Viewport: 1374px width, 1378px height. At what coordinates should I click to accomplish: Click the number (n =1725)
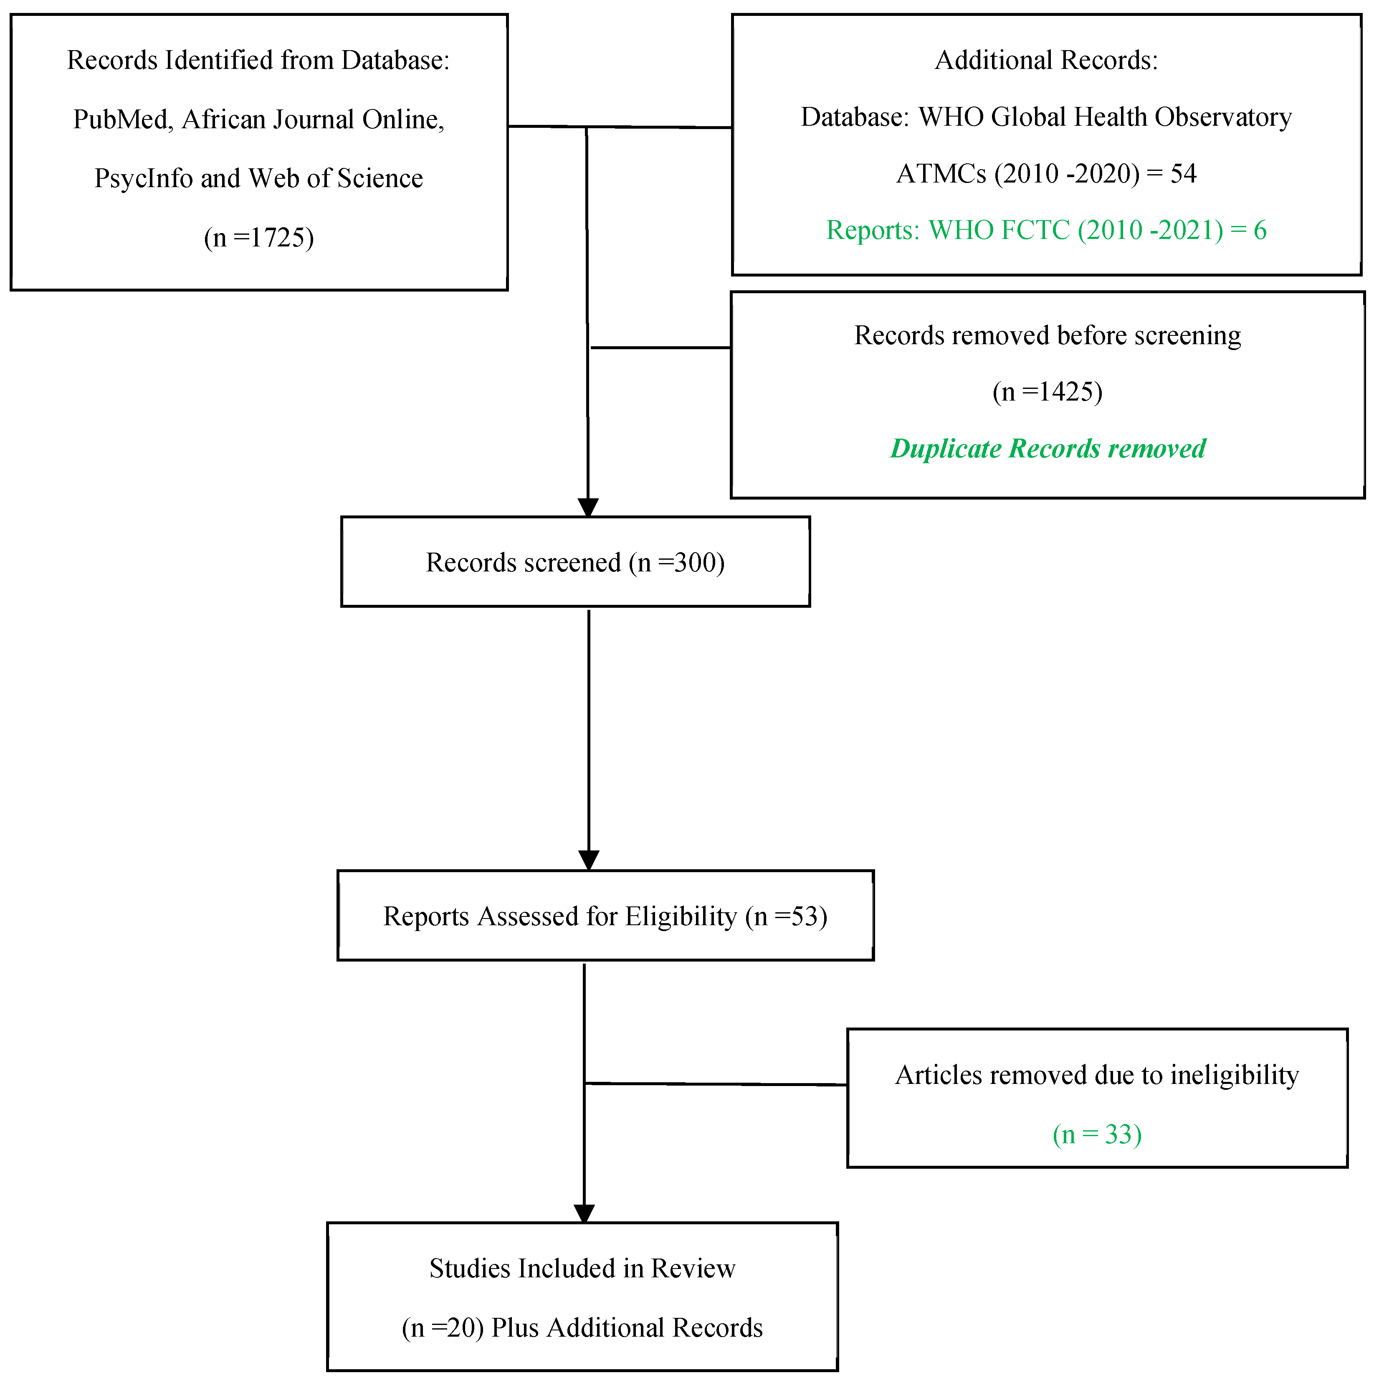pos(259,238)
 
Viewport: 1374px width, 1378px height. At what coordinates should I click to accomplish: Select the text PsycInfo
pos(143,178)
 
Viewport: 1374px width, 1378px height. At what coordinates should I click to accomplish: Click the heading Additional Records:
pos(1046,61)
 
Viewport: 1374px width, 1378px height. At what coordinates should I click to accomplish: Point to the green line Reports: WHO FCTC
pos(1046,231)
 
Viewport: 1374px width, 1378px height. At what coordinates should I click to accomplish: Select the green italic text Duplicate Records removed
pos(1048,449)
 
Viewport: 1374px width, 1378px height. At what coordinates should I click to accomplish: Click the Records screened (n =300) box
pos(575,563)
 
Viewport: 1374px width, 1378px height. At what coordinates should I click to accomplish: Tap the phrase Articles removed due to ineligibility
pos(1097,1075)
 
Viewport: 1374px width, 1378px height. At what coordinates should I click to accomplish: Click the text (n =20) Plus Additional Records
pos(582,1328)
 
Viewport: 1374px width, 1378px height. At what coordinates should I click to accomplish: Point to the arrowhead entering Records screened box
pos(588,508)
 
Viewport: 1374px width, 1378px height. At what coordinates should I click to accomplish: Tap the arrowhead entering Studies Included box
pos(584,1214)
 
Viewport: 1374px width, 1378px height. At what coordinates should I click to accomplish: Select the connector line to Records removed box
pos(660,348)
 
